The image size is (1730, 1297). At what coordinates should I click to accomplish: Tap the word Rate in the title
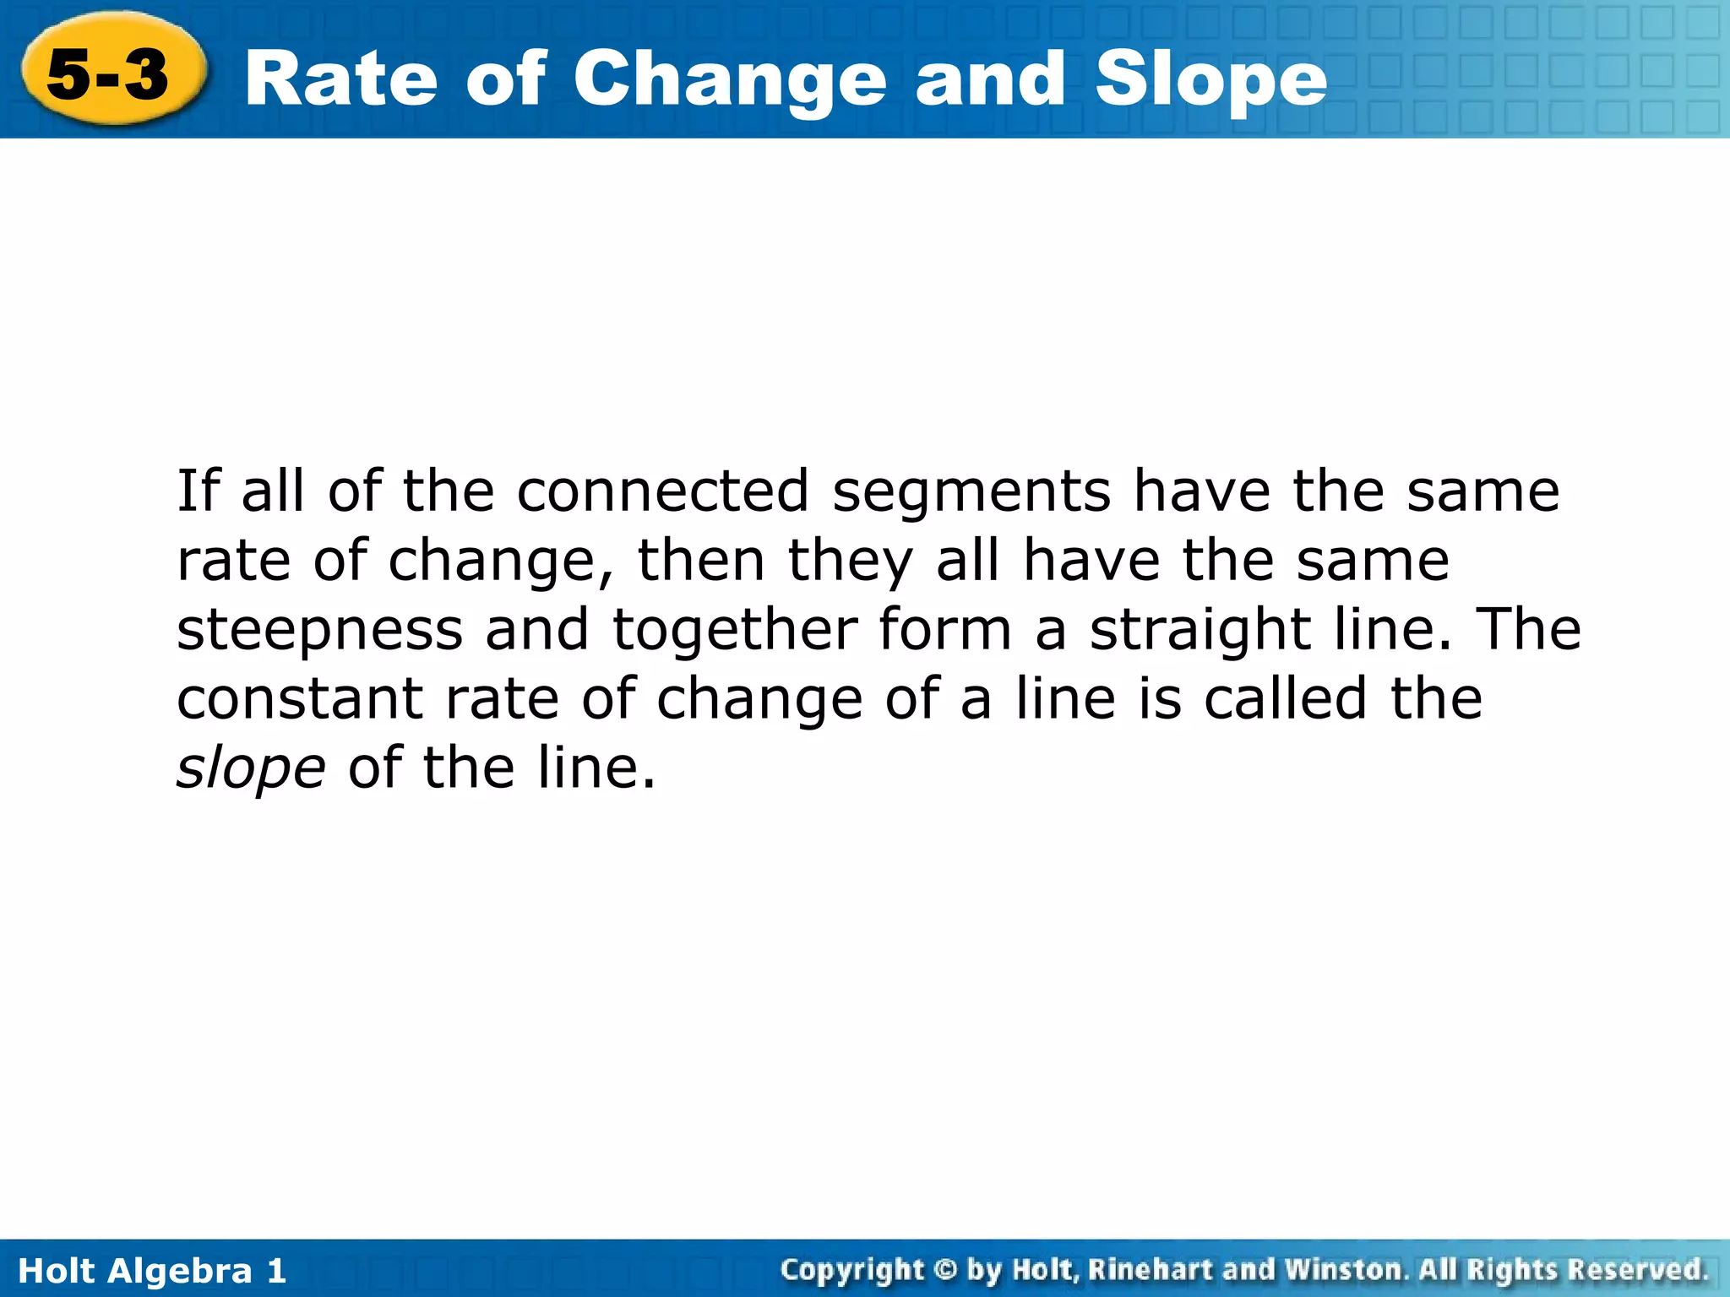[x=340, y=79]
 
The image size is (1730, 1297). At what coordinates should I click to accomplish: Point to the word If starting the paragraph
[x=198, y=491]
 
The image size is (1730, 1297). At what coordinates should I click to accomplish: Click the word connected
[x=662, y=492]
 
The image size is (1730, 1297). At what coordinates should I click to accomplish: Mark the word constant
[x=300, y=699]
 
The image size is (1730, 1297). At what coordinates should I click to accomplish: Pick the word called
[x=1284, y=699]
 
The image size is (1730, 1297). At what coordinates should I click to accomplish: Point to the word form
[x=944, y=630]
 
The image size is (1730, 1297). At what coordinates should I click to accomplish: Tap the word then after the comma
[x=701, y=561]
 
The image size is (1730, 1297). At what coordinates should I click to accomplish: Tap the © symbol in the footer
[x=945, y=1270]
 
